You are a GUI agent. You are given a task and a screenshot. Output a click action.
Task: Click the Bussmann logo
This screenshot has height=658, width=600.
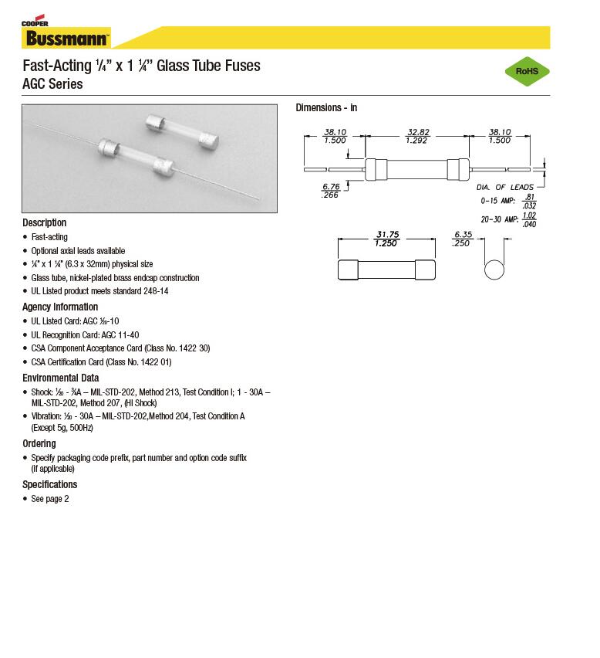pos(66,37)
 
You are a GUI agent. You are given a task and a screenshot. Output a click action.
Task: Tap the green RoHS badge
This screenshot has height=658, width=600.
pos(527,72)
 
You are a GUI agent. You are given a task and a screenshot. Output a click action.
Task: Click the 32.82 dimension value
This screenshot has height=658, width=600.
pos(416,132)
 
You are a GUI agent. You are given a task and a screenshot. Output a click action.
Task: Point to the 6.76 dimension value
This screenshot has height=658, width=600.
pos(331,187)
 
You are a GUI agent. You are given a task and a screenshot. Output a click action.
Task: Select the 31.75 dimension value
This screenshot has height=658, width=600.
pos(386,233)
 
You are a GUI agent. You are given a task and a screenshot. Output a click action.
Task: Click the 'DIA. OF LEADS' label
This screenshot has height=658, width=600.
pos(505,187)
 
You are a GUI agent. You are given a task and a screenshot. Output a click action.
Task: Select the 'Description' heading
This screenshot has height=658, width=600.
pos(45,222)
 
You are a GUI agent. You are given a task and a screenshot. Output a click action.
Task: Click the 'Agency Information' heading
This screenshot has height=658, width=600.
pos(60,307)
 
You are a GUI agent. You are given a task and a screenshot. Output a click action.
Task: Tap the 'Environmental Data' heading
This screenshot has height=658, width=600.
pos(60,378)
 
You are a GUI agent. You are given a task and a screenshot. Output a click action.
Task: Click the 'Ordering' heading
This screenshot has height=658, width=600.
pos(39,443)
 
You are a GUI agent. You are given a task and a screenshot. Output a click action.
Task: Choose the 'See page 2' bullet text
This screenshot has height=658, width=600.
pos(50,499)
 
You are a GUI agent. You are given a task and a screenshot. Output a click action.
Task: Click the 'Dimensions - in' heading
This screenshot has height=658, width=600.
pos(326,107)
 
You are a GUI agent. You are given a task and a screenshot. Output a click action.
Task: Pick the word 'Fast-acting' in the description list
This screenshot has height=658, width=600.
pos(49,237)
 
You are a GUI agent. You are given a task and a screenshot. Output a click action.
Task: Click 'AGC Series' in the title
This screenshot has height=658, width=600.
pos(52,84)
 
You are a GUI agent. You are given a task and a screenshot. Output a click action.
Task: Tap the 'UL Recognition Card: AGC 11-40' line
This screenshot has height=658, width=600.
pos(85,334)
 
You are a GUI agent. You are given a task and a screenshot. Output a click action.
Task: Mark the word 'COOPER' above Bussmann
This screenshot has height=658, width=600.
pos(35,24)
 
